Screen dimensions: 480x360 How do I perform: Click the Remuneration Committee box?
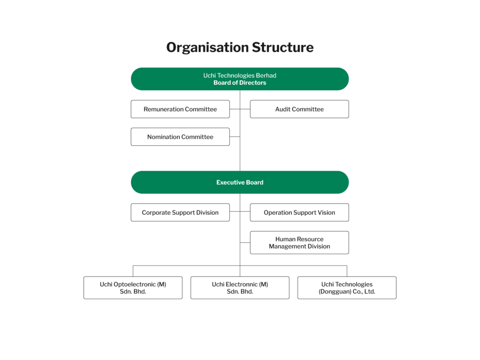[180, 109]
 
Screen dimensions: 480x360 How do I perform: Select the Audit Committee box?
[300, 109]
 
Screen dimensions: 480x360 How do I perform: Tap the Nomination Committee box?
[180, 136]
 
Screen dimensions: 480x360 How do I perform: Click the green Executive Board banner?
[240, 182]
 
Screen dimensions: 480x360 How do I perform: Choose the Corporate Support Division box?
[180, 212]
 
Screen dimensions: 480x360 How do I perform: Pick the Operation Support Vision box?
[300, 212]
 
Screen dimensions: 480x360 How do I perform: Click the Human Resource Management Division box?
[300, 242]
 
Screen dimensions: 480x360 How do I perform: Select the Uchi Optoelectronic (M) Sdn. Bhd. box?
[133, 288]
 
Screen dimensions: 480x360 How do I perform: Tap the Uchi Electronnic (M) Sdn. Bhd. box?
[240, 288]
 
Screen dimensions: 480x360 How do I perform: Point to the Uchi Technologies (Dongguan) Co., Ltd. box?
[347, 288]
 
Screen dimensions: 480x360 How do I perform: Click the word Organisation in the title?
[207, 48]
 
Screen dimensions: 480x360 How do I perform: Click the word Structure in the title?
[283, 47]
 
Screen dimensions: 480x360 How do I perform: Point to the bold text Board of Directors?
[240, 82]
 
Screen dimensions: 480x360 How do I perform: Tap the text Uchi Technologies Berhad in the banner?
[240, 75]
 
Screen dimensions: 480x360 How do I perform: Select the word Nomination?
[163, 137]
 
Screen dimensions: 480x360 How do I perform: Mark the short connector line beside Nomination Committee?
[235, 136]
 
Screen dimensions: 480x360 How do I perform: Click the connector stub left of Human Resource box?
[245, 242]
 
